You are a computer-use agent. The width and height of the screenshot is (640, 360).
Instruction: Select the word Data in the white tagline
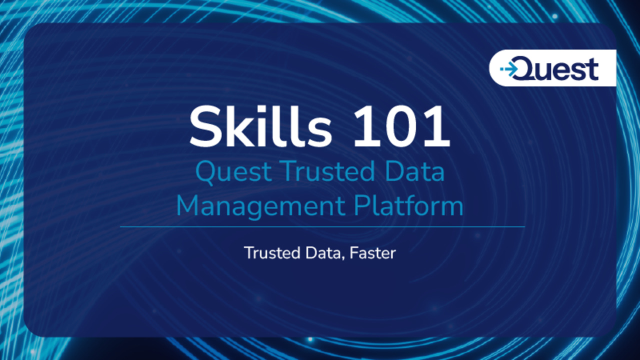coord(321,253)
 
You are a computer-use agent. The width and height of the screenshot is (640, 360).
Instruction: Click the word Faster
coord(373,253)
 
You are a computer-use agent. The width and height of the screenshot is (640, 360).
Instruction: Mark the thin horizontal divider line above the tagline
coord(320,227)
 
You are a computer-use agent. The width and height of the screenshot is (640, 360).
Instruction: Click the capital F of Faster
coord(349,253)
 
